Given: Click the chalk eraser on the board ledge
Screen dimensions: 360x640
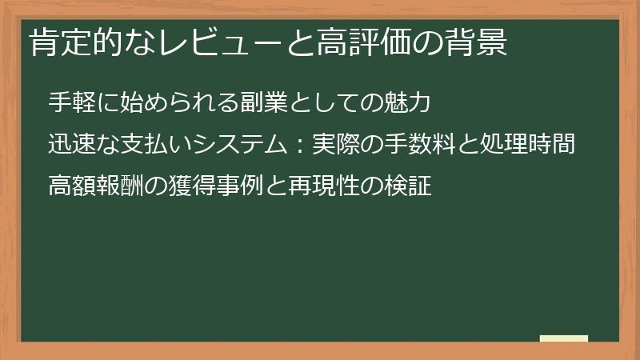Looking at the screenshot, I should coord(563,338).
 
